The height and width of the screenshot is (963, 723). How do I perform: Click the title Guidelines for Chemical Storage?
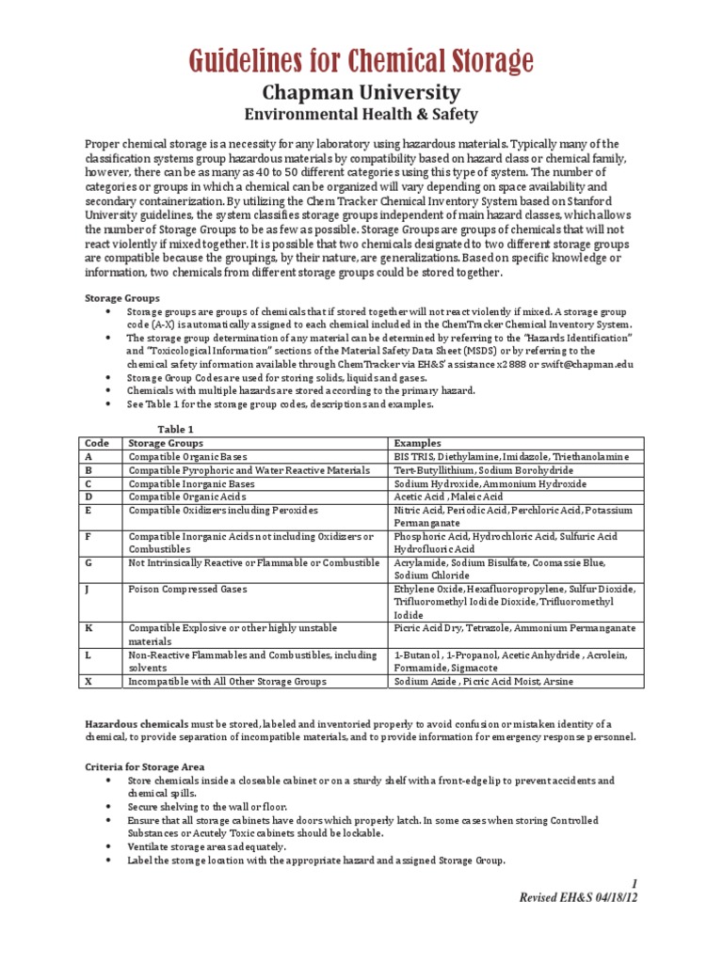361,62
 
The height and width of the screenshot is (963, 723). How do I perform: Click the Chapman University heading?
361,92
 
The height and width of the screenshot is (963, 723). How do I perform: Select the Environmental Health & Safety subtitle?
361,114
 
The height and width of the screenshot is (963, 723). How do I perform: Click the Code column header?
97,442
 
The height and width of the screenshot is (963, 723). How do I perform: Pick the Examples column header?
416,442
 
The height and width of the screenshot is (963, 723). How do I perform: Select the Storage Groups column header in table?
166,442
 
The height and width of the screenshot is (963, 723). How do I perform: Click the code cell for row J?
88,589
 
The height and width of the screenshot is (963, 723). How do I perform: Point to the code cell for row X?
88,681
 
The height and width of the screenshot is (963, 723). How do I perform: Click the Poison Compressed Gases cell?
179,589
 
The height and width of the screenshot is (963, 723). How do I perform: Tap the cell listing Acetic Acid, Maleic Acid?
448,497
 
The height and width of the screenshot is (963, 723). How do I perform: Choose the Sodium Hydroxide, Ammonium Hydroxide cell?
490,483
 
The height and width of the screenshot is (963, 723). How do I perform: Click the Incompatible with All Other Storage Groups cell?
227,681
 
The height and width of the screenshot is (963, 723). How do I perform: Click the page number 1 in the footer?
635,884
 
